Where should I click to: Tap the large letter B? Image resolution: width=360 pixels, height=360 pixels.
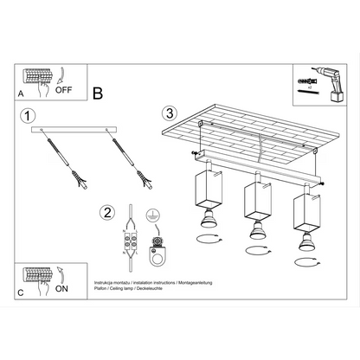click(98, 93)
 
